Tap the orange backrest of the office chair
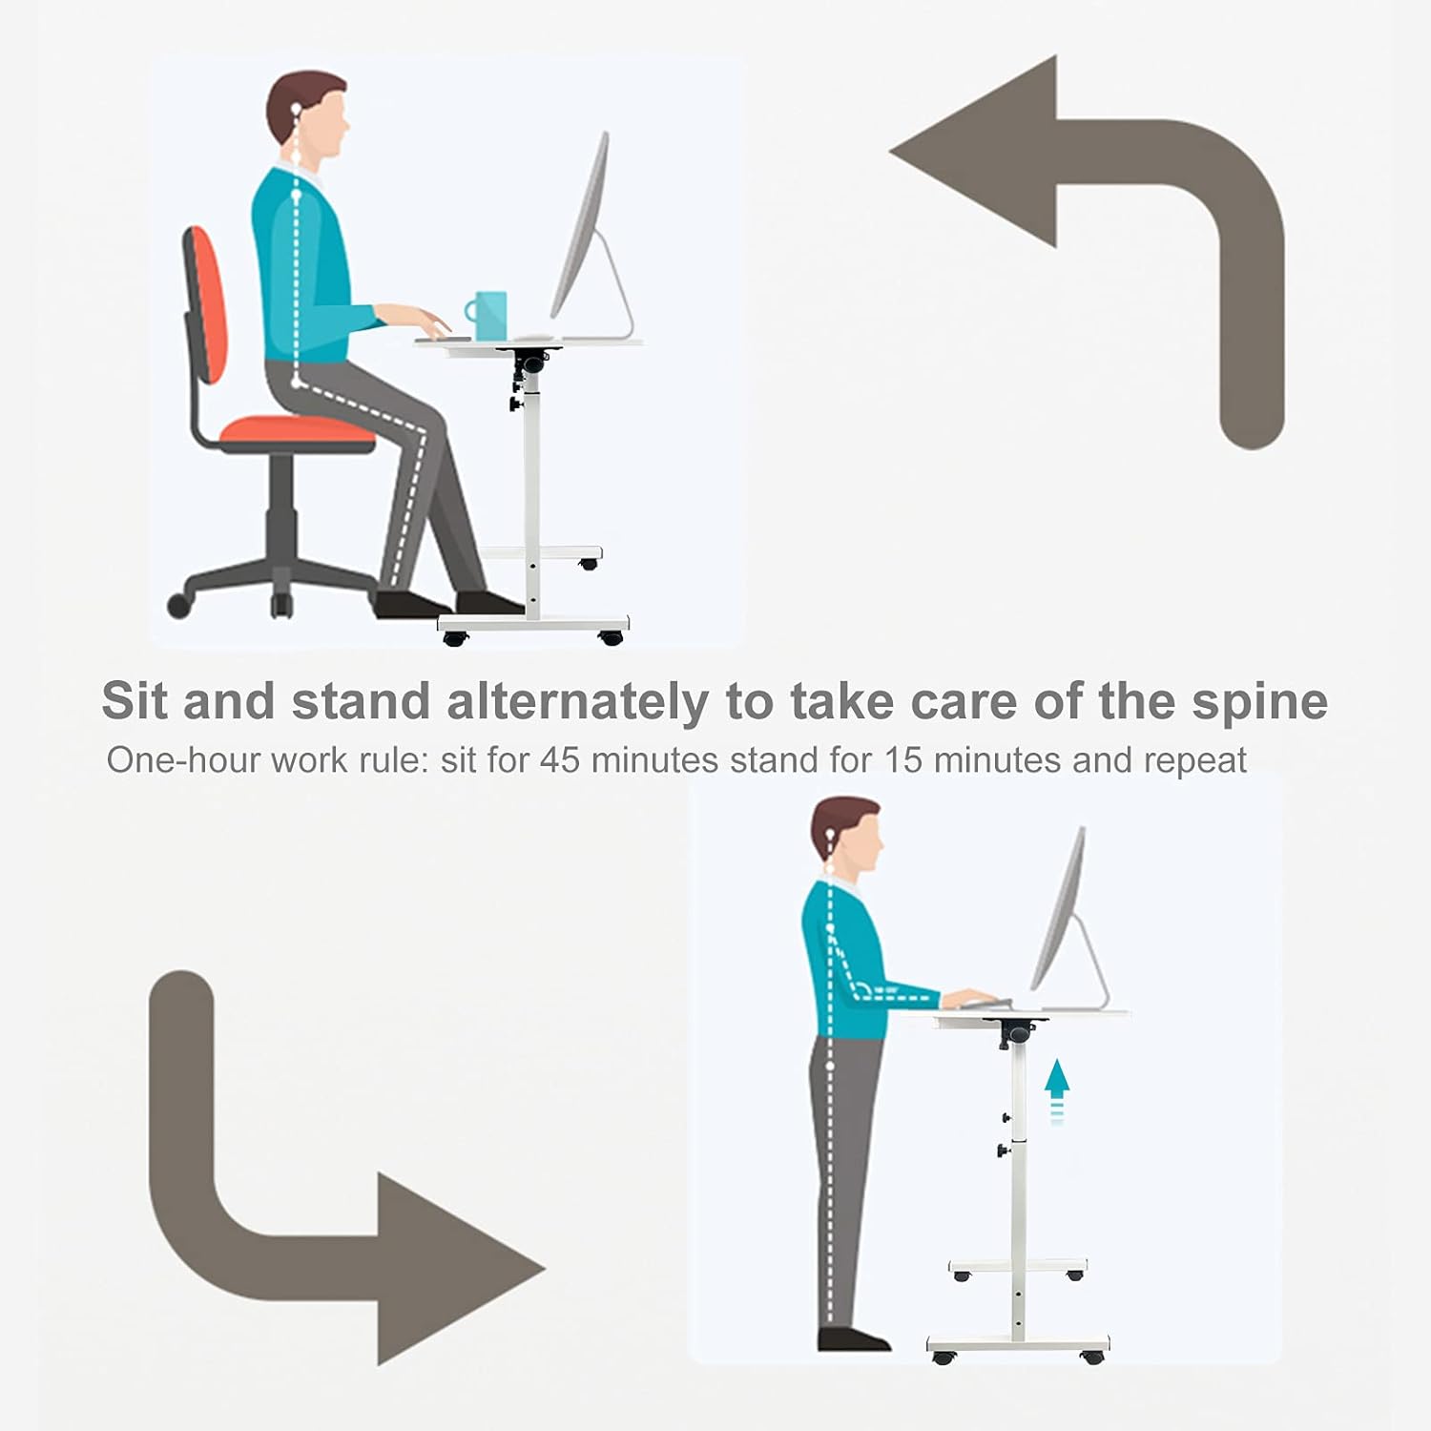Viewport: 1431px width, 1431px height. pyautogui.click(x=205, y=305)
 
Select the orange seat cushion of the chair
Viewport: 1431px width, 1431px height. pyautogui.click(x=298, y=433)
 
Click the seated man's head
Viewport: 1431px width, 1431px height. pyautogui.click(x=307, y=115)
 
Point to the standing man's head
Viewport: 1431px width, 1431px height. pyautogui.click(x=847, y=835)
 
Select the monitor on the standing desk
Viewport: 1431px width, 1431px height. pyautogui.click(x=1068, y=916)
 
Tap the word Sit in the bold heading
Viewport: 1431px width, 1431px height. pyautogui.click(x=134, y=700)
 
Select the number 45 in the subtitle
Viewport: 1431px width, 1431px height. pyautogui.click(x=560, y=760)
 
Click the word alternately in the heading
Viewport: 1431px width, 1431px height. pyautogui.click(x=577, y=702)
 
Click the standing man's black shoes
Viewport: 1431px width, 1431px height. pyautogui.click(x=854, y=1339)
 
